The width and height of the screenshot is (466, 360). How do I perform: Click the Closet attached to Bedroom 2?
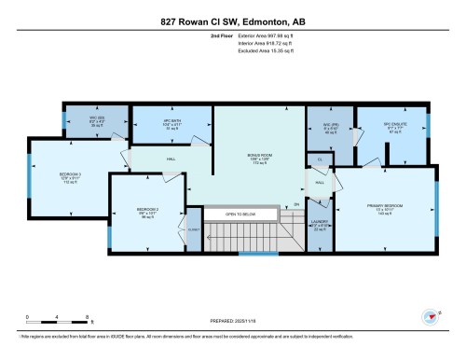[193, 229]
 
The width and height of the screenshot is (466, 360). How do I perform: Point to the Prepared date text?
[234, 318]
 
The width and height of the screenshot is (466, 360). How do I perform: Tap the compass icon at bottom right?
[431, 317]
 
